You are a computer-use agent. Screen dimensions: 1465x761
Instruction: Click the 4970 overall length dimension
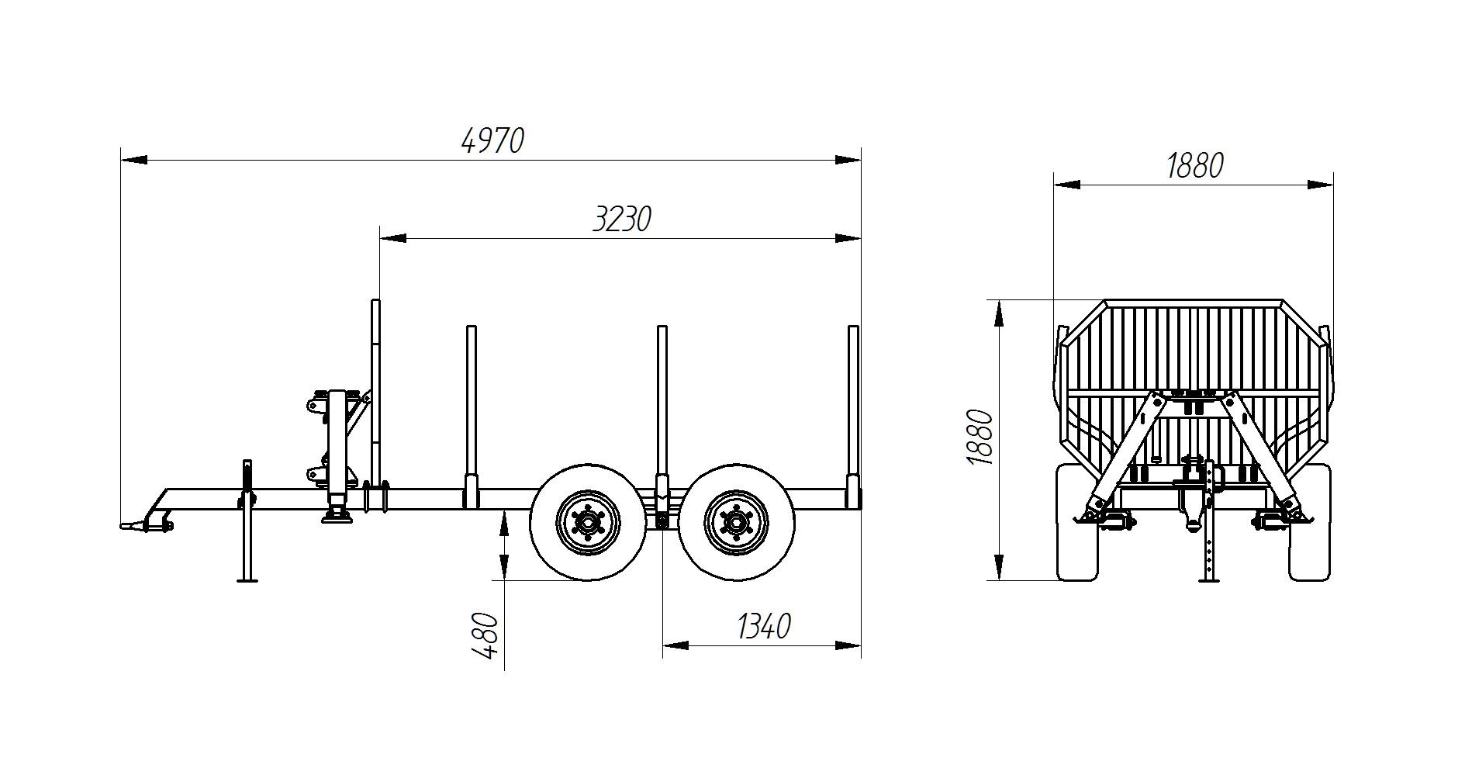pyautogui.click(x=493, y=140)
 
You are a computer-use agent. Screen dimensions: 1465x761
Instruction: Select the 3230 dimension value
pyautogui.click(x=622, y=220)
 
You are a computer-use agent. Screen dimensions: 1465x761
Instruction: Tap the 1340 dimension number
pyautogui.click(x=763, y=626)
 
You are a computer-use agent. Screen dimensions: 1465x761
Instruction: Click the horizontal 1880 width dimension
pyautogui.click(x=1195, y=165)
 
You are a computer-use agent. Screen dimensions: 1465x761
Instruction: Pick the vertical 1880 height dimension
pyautogui.click(x=980, y=437)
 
